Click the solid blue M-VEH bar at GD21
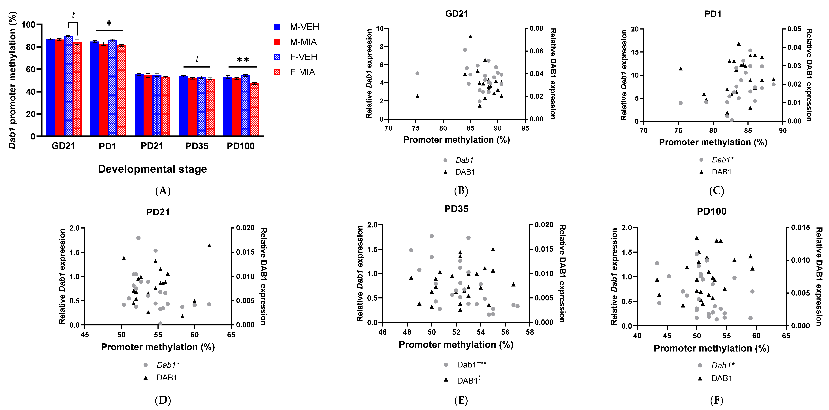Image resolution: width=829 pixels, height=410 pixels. pos(50,87)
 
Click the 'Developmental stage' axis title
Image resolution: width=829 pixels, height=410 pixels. pos(152,169)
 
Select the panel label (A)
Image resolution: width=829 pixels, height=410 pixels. pos(163,191)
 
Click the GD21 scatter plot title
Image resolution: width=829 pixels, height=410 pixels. pos(456,14)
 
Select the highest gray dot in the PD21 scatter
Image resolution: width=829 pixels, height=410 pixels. pos(138,238)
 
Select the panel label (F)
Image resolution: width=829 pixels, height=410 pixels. pos(716,400)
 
